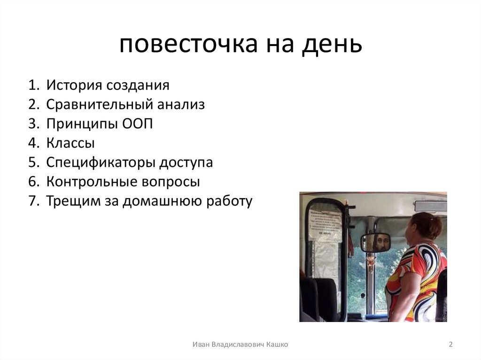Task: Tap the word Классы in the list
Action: tap(70, 143)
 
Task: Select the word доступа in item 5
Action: tap(185, 162)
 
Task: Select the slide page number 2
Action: tap(450, 345)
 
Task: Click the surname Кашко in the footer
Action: tap(277, 345)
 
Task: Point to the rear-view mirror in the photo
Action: tap(377, 242)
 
